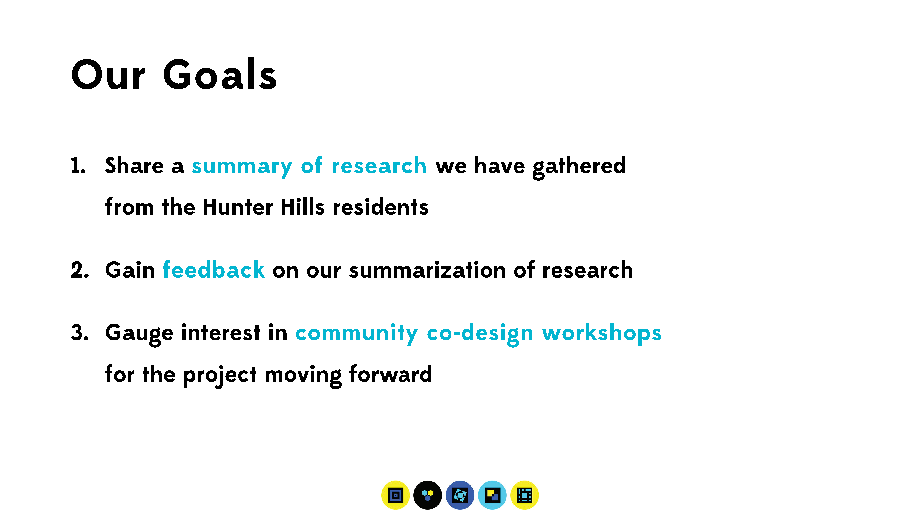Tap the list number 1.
coord(78,166)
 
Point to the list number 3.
coord(80,333)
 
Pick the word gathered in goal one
coord(579,167)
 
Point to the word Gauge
coord(139,334)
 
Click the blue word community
coord(356,334)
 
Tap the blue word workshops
coord(602,333)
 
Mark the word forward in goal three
coord(391,374)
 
